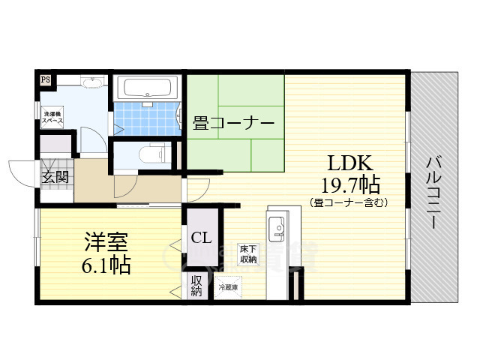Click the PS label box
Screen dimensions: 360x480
[46, 79]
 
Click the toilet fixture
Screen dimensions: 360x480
[153, 153]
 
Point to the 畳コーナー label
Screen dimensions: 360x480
[233, 123]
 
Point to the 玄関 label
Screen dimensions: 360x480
[55, 177]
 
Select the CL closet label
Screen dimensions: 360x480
[201, 239]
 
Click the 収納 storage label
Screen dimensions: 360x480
[196, 286]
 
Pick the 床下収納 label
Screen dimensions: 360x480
[248, 253]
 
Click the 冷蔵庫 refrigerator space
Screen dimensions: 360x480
[229, 286]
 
